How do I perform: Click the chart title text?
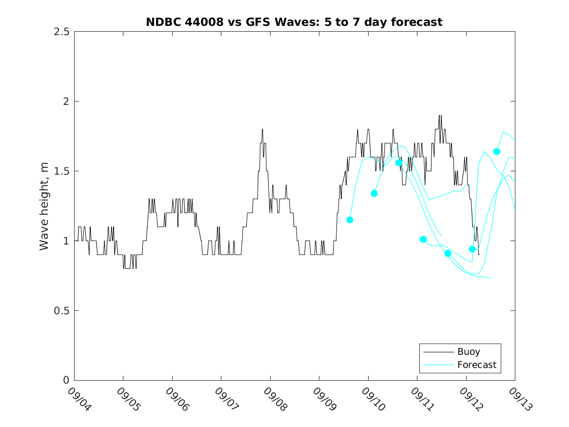pyautogui.click(x=294, y=22)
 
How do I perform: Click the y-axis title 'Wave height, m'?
pyautogui.click(x=44, y=206)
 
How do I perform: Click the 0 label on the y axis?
pyautogui.click(x=65, y=381)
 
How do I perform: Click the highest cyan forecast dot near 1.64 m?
pyautogui.click(x=496, y=152)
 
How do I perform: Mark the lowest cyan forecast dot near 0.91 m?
pyautogui.click(x=448, y=253)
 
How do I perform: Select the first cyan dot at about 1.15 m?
pyautogui.click(x=350, y=220)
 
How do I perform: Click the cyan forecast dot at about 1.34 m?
pyautogui.click(x=374, y=193)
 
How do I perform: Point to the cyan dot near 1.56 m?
pyautogui.click(x=398, y=163)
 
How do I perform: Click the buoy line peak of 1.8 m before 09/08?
pyautogui.click(x=262, y=129)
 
